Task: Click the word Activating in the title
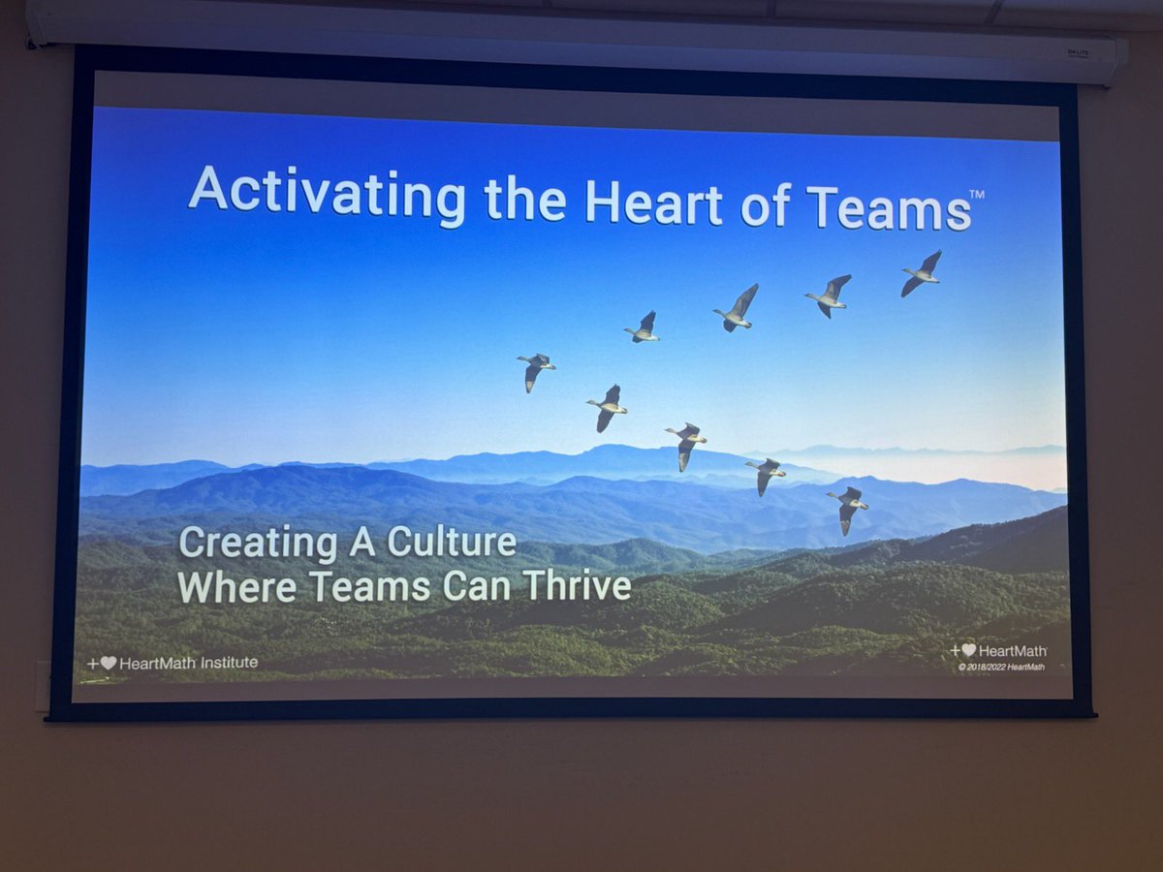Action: (x=327, y=194)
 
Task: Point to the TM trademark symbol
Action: (x=977, y=195)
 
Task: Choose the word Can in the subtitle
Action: (x=482, y=586)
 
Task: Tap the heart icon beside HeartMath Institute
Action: (x=108, y=664)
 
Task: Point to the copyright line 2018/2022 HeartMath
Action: (x=1002, y=667)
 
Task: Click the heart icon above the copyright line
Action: (x=967, y=651)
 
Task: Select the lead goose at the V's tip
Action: (x=536, y=369)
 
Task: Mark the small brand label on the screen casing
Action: (x=1078, y=52)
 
